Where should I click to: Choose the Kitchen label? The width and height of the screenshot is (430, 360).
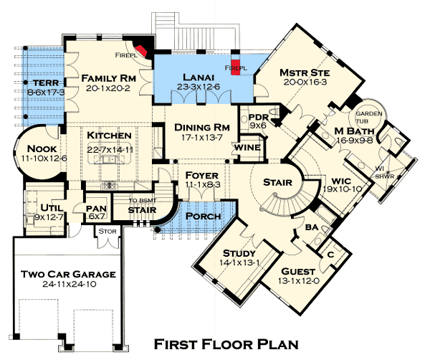click(x=109, y=136)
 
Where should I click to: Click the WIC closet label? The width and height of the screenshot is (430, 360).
click(x=336, y=180)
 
